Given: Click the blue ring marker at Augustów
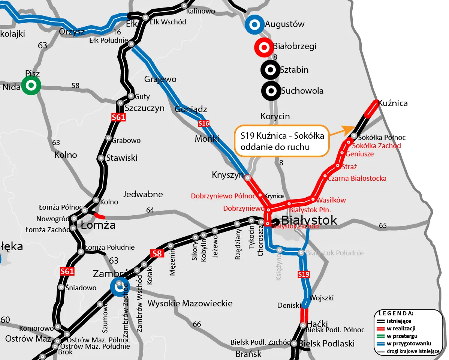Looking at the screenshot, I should tap(254, 25).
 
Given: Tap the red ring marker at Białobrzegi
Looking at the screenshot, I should tap(263, 47).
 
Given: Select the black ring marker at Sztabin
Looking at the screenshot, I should tap(270, 70).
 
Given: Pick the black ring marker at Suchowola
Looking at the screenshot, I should tap(270, 90).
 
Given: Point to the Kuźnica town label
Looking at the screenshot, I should tap(393, 103).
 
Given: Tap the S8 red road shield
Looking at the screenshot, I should tap(157, 254).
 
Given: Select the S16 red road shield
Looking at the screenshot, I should tap(204, 123).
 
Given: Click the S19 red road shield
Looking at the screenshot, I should tap(304, 274).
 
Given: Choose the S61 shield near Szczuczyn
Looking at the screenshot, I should tap(118, 117).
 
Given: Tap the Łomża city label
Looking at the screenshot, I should tap(98, 225).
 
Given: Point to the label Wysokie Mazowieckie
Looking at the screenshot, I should tap(190, 303).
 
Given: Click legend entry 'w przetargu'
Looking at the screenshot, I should tap(402, 336).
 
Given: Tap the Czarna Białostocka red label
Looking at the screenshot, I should tap(357, 178).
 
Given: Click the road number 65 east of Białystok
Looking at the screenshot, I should tap(383, 225).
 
